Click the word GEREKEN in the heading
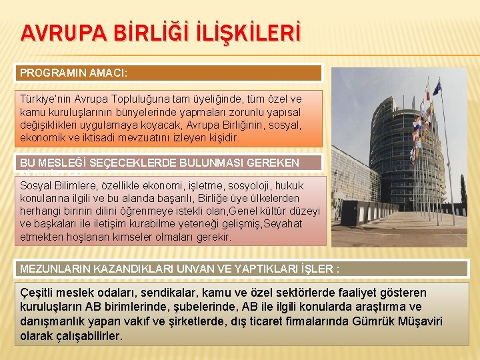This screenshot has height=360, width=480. coord(275,162)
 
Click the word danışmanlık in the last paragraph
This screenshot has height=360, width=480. coord(54,321)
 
